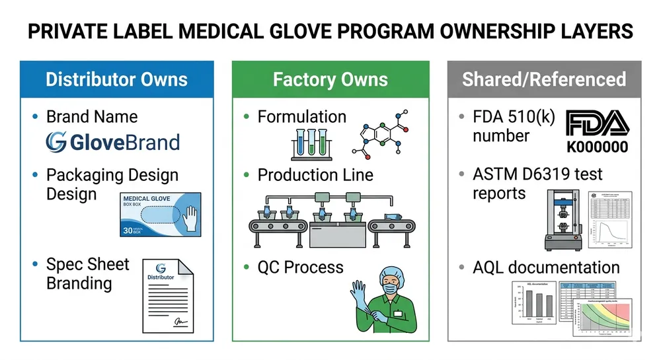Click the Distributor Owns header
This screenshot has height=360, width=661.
tap(116, 80)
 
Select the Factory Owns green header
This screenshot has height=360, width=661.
tap(330, 80)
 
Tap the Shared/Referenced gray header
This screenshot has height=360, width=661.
tap(543, 80)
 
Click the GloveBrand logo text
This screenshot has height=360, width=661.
tap(112, 143)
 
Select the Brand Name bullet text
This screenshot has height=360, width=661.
tap(92, 117)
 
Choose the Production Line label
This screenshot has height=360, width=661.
tap(315, 175)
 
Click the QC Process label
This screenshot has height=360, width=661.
tap(301, 268)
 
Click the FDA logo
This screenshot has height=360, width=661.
tap(596, 124)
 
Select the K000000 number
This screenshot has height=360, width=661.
tap(597, 147)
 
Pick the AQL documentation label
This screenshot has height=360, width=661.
tap(546, 268)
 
